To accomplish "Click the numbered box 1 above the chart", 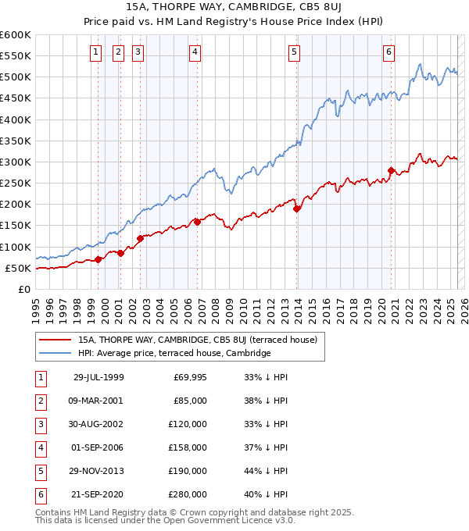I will coord(95,52).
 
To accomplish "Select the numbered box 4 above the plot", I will coord(194,52).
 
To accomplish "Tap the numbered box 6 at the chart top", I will coord(388,52).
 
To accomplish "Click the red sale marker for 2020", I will coord(391,170).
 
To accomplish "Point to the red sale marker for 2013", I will coord(297,208).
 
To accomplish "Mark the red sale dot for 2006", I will coord(197,222).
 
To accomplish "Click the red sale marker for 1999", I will coord(98,259).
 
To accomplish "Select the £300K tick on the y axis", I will coord(15,162).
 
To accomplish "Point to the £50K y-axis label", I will coord(18,268).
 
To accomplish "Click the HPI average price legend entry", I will coord(174,353).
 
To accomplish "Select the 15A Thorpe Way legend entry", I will coord(197,340).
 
